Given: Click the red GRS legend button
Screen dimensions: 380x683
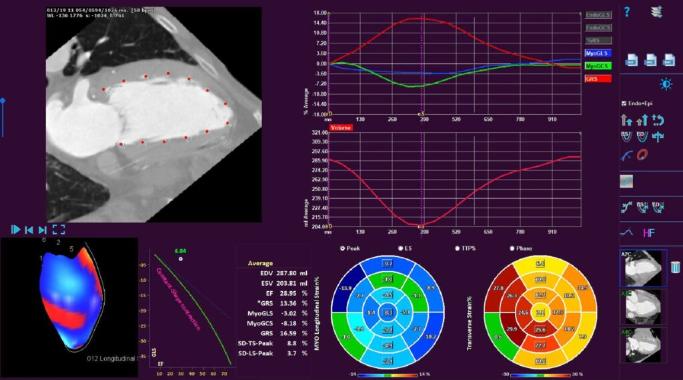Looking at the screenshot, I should (x=598, y=79).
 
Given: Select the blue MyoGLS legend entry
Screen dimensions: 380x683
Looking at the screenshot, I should (x=598, y=53).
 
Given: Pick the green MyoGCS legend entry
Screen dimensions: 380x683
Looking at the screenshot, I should (x=598, y=66).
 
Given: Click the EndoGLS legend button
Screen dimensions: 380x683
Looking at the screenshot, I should (x=598, y=14).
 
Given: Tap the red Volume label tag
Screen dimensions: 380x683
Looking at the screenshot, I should (x=340, y=126).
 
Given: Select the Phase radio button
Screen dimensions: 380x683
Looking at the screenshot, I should (x=512, y=248).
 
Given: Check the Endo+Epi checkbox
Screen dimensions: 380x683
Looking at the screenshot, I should (x=624, y=104).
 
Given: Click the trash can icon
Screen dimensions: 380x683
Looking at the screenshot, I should (x=675, y=267).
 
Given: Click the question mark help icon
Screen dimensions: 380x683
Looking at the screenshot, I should (x=627, y=11).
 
